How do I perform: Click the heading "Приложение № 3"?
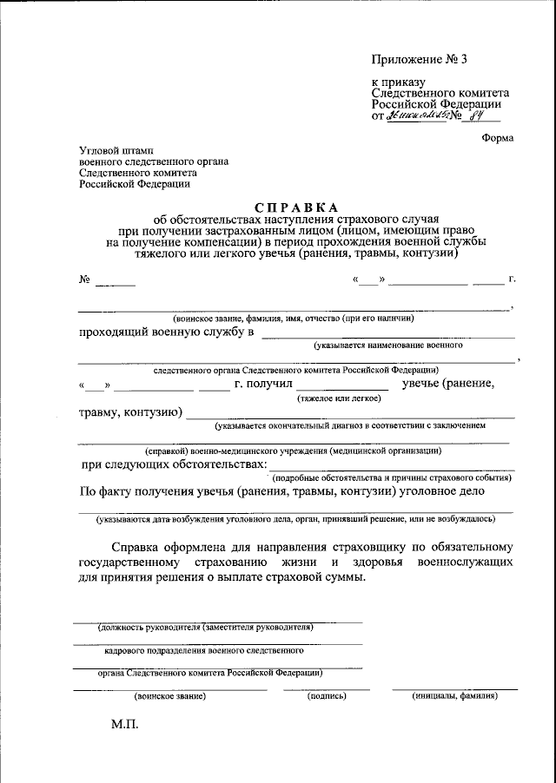pos(420,60)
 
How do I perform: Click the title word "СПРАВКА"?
pos(295,207)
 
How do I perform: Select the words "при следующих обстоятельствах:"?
pos(174,465)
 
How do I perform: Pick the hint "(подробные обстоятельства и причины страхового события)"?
pos(384,478)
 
